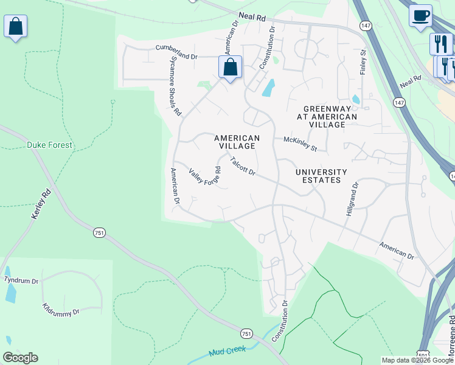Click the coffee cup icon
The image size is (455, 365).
tap(420, 16)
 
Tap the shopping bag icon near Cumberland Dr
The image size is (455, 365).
tap(230, 67)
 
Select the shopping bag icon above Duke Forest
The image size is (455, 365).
tap(15, 27)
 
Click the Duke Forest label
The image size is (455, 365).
tap(49, 145)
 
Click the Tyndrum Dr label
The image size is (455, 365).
tap(21, 280)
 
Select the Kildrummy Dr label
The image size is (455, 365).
tap(61, 309)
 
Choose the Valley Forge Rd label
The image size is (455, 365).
tap(204, 177)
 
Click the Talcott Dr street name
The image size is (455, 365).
tap(242, 166)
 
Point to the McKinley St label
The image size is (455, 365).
tap(300, 144)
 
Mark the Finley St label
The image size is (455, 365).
tap(363, 61)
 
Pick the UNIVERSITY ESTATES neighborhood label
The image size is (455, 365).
tap(321, 176)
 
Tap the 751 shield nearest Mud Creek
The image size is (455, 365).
tap(246, 333)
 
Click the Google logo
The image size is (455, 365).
tap(21, 358)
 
